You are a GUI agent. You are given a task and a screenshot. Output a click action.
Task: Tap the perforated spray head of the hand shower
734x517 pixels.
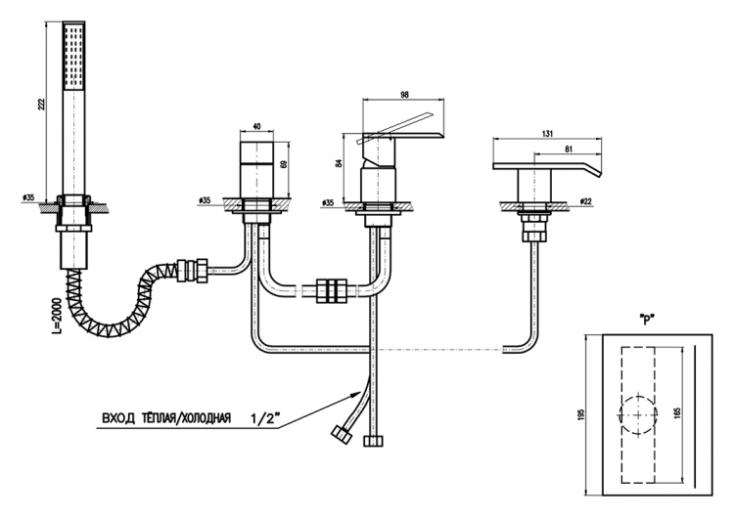point(74,56)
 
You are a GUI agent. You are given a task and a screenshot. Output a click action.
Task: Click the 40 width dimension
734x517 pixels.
point(256,126)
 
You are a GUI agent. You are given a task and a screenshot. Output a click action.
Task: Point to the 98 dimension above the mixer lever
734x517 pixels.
point(405,95)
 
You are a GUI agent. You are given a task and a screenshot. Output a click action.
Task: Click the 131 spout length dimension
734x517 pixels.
point(547,134)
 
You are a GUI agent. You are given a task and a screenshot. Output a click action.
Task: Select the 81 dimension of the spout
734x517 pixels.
point(569,150)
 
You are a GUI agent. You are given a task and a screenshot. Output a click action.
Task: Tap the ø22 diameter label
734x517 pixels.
point(585,201)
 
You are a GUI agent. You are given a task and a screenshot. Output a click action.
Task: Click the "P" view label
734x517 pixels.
point(647,322)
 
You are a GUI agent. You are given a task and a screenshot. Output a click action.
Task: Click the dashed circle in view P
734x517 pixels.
point(619,414)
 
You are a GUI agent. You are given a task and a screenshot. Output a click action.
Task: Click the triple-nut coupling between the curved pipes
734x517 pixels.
point(333,291)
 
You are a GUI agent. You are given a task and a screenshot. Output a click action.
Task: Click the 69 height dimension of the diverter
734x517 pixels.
point(283,164)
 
